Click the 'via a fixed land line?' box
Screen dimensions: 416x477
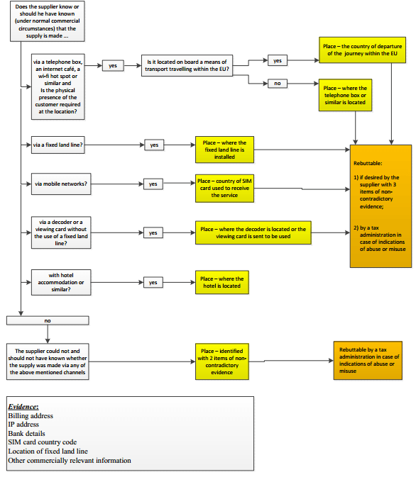[x=58, y=145]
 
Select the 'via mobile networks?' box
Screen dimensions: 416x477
[x=61, y=184]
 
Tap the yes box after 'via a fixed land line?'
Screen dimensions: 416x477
[x=154, y=145]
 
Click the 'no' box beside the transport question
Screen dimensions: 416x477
[x=278, y=84]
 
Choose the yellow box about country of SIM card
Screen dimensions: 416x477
[x=224, y=189]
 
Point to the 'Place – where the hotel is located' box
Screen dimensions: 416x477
[x=222, y=282]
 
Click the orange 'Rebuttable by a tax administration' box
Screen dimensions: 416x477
[x=368, y=361]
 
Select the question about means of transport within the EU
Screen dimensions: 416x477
[x=187, y=65]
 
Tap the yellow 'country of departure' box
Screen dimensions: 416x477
[x=362, y=50]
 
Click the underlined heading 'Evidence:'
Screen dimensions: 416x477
[x=23, y=407]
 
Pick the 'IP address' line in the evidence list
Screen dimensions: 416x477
[x=23, y=425]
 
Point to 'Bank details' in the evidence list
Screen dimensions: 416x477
[x=26, y=434]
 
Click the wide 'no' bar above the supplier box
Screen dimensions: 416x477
[x=48, y=320]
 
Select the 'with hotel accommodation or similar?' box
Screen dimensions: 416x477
[x=61, y=282]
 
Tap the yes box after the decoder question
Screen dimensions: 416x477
[x=153, y=233]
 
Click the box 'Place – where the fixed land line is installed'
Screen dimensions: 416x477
[x=224, y=150]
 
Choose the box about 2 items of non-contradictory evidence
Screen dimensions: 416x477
[x=222, y=361]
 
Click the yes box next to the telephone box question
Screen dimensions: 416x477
[x=113, y=66]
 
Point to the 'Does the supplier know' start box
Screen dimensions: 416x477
[x=48, y=21]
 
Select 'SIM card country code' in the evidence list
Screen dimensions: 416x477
[x=43, y=442]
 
